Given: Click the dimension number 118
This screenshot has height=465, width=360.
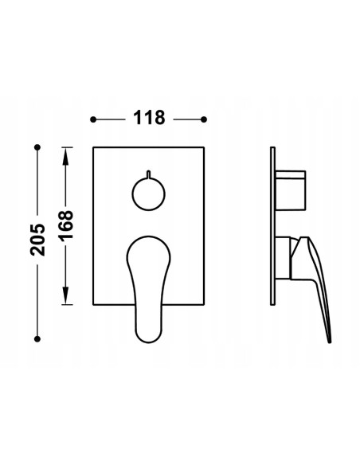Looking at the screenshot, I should (x=148, y=119).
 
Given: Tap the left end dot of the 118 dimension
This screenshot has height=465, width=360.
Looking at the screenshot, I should (x=93, y=119).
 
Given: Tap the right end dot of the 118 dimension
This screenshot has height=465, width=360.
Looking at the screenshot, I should (x=205, y=119).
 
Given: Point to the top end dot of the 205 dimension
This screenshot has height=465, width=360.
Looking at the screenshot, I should (x=37, y=147).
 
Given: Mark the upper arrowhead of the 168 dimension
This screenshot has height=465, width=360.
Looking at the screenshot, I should (x=65, y=154).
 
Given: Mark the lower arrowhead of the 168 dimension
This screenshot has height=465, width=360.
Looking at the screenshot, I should (x=65, y=300).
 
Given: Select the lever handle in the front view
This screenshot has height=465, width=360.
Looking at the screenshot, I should (x=148, y=279).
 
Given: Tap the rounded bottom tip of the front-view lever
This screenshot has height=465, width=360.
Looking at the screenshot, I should (x=148, y=338).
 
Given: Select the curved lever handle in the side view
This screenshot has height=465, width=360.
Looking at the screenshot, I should (x=314, y=271).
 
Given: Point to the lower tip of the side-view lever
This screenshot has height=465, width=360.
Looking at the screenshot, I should (x=329, y=340).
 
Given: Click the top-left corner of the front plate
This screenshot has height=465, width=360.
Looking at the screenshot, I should (x=93, y=148).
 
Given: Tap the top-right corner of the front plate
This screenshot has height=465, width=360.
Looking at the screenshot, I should (x=205, y=148).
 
